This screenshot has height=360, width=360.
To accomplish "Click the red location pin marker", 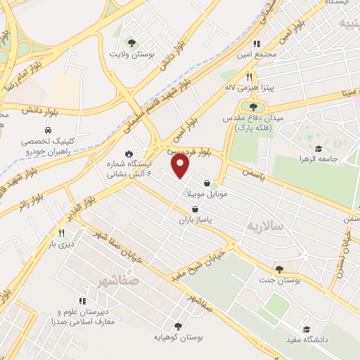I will pos(181,165).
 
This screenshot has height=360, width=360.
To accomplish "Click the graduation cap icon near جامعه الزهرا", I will pos(319,148).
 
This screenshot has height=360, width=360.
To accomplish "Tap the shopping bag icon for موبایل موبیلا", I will pos(206,182).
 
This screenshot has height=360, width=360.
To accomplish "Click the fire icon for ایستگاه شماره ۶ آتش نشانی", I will pos(129,153).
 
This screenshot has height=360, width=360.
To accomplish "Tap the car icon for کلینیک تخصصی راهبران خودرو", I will pos(48,131).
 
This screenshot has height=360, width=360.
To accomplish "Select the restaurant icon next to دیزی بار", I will pos(61,233).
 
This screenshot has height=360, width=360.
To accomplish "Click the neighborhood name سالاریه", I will pos(264,226).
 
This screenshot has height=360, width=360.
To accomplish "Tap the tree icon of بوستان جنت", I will pos(279,269).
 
